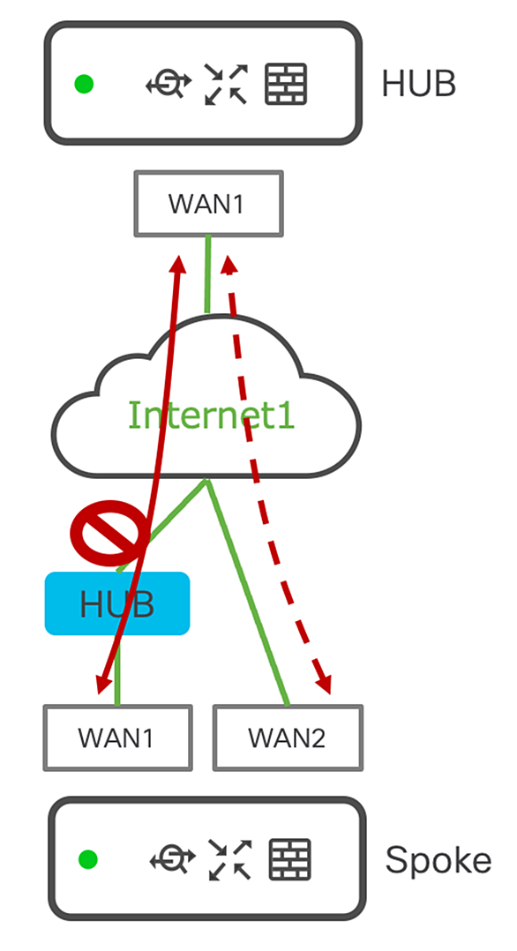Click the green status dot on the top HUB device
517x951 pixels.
pos(84,84)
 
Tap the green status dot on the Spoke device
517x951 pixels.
pos(88,859)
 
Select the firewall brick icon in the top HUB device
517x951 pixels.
pos(287,84)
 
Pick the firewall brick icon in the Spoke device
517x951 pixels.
pos(290,859)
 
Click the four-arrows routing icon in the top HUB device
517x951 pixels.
pos(226,84)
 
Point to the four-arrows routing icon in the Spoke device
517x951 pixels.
pos(230,859)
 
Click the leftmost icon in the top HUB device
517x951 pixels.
pos(169,84)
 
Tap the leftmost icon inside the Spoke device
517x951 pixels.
pos(173,859)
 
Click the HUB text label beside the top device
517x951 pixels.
pos(419,84)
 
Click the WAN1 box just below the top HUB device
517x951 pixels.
pos(208,204)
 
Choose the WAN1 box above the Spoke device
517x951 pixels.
pos(117,738)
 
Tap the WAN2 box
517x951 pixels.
pos(288,738)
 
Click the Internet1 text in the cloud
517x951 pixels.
pos(211,416)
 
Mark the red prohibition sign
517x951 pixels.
pos(109,533)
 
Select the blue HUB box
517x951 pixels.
pos(117,603)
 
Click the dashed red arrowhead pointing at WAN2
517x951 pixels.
pos(324,683)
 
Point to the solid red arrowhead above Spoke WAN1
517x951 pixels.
pos(104,682)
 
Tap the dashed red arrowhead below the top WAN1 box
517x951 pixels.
pos(229,265)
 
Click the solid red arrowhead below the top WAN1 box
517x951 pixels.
pos(178,265)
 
